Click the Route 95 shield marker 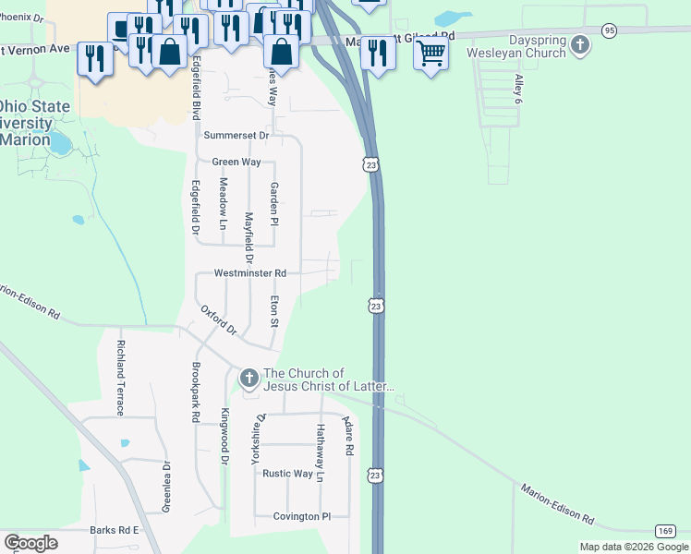tap(609, 30)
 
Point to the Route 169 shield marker tap(665, 530)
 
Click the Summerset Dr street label tap(236, 135)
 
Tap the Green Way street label tap(236, 162)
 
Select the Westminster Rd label tap(250, 273)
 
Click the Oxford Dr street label tap(219, 319)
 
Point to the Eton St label tap(273, 311)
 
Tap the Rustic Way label tap(287, 474)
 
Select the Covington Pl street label tap(301, 517)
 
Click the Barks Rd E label tap(114, 530)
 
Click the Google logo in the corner tap(30, 543)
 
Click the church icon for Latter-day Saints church tap(249, 378)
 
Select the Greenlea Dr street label tap(167, 486)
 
